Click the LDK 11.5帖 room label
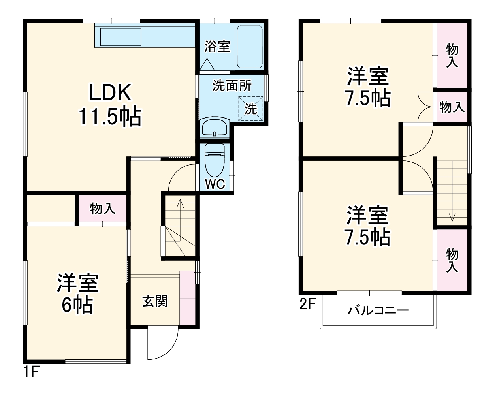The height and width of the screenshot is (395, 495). click(x=110, y=104)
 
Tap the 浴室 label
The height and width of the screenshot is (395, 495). click(x=217, y=47)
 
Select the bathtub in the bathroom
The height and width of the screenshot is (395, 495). click(x=250, y=47)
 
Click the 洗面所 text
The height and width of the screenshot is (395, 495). click(x=232, y=85)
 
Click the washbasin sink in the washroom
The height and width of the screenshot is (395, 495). click(x=215, y=128)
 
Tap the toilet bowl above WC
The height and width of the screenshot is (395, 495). click(x=215, y=160)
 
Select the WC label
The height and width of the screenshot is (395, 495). click(x=215, y=184)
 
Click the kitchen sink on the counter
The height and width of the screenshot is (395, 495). click(x=120, y=37)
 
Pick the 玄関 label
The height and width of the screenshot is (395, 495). click(x=155, y=301)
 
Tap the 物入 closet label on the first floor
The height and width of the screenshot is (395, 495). click(x=102, y=208)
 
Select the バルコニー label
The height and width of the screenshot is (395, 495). click(x=378, y=310)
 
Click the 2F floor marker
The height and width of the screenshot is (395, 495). click(x=308, y=304)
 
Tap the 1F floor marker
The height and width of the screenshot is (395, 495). click(x=31, y=372)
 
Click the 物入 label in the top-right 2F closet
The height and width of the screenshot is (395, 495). click(x=452, y=55)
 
